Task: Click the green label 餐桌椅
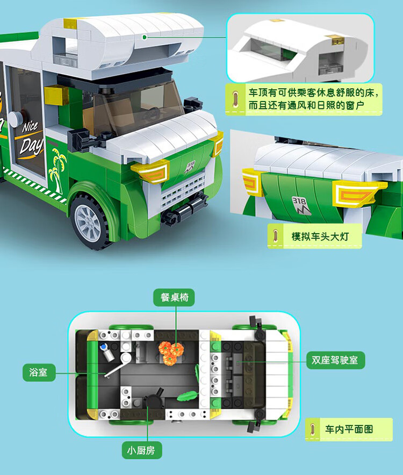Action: (x=174, y=297)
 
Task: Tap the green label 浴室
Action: (x=39, y=372)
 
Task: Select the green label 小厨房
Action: (x=141, y=450)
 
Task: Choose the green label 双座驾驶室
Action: (x=335, y=360)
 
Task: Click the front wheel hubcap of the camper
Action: (x=88, y=222)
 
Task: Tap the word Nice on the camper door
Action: (x=30, y=127)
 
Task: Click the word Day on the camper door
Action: (x=31, y=146)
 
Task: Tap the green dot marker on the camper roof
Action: (x=145, y=37)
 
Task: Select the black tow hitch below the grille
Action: (x=184, y=209)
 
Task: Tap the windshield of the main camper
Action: (x=138, y=105)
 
